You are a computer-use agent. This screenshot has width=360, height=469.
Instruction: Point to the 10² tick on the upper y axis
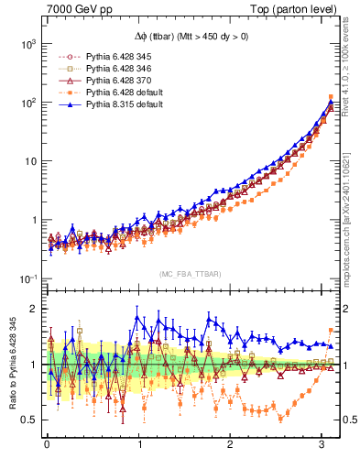pos(27,103)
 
